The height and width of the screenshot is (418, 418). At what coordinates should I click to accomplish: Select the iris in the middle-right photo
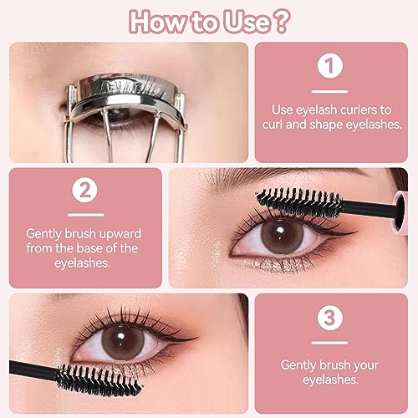pyautogui.click(x=283, y=237)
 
